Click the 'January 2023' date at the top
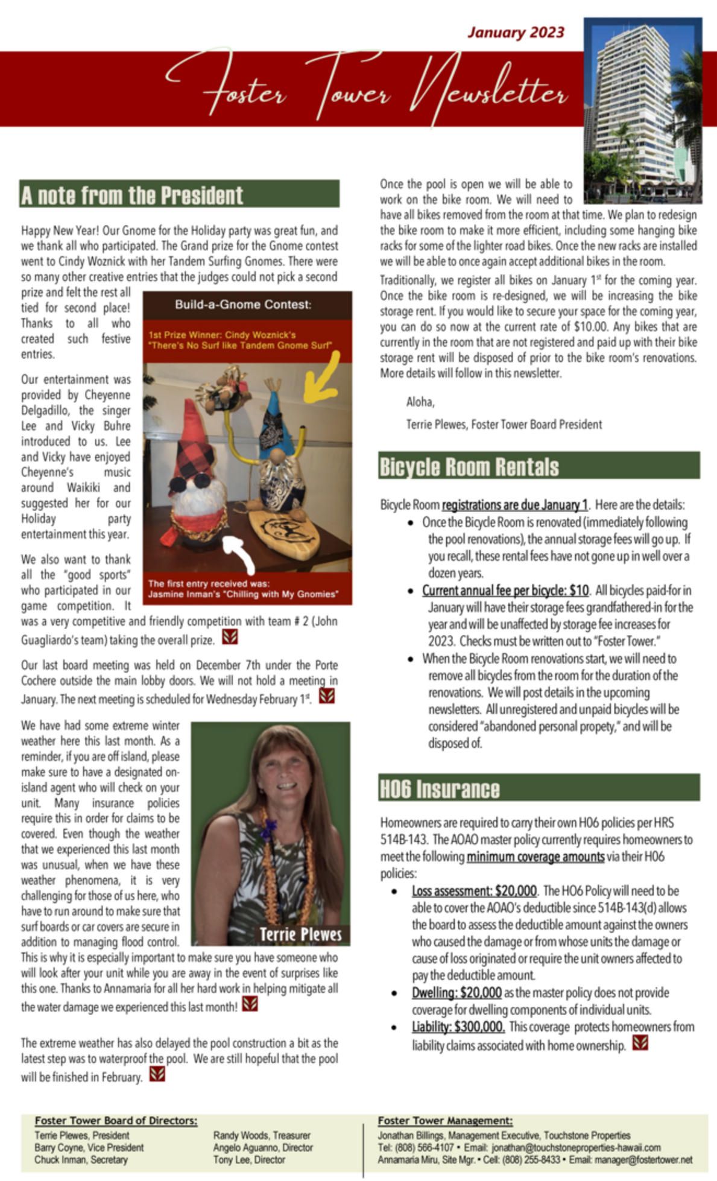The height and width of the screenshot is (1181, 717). coord(516,33)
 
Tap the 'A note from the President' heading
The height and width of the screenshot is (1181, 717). coord(132,195)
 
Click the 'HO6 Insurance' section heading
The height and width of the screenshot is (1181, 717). coord(440,789)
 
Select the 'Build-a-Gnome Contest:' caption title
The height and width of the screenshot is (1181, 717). coord(243,305)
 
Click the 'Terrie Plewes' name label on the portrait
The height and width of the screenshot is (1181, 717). coord(300,934)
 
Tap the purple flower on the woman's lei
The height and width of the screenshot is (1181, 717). coord(267,832)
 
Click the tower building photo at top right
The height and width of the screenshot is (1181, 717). coord(643,110)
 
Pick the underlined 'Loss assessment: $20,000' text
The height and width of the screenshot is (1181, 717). coord(474,891)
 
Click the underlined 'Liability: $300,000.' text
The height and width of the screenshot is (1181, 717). coord(458,1027)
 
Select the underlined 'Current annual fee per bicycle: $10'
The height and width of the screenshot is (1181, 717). coord(505,590)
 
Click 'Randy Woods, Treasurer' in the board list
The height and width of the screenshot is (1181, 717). coord(262,1135)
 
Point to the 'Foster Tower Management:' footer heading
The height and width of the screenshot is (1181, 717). coord(445,1121)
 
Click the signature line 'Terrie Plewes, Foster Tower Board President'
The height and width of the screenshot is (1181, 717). coord(504,425)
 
